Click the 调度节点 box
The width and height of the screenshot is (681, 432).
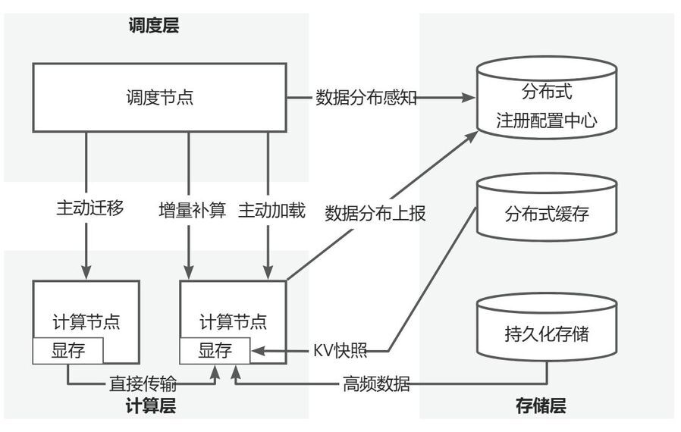[x=158, y=98]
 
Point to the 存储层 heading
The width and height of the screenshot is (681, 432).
[x=540, y=406]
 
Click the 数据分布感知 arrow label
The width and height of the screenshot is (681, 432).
[x=366, y=98]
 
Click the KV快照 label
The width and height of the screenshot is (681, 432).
[x=340, y=351]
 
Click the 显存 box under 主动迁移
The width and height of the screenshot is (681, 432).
[x=68, y=350]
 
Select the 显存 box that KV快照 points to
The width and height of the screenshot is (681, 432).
[x=215, y=350]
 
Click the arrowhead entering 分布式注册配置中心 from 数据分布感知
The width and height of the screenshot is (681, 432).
[x=469, y=98]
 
